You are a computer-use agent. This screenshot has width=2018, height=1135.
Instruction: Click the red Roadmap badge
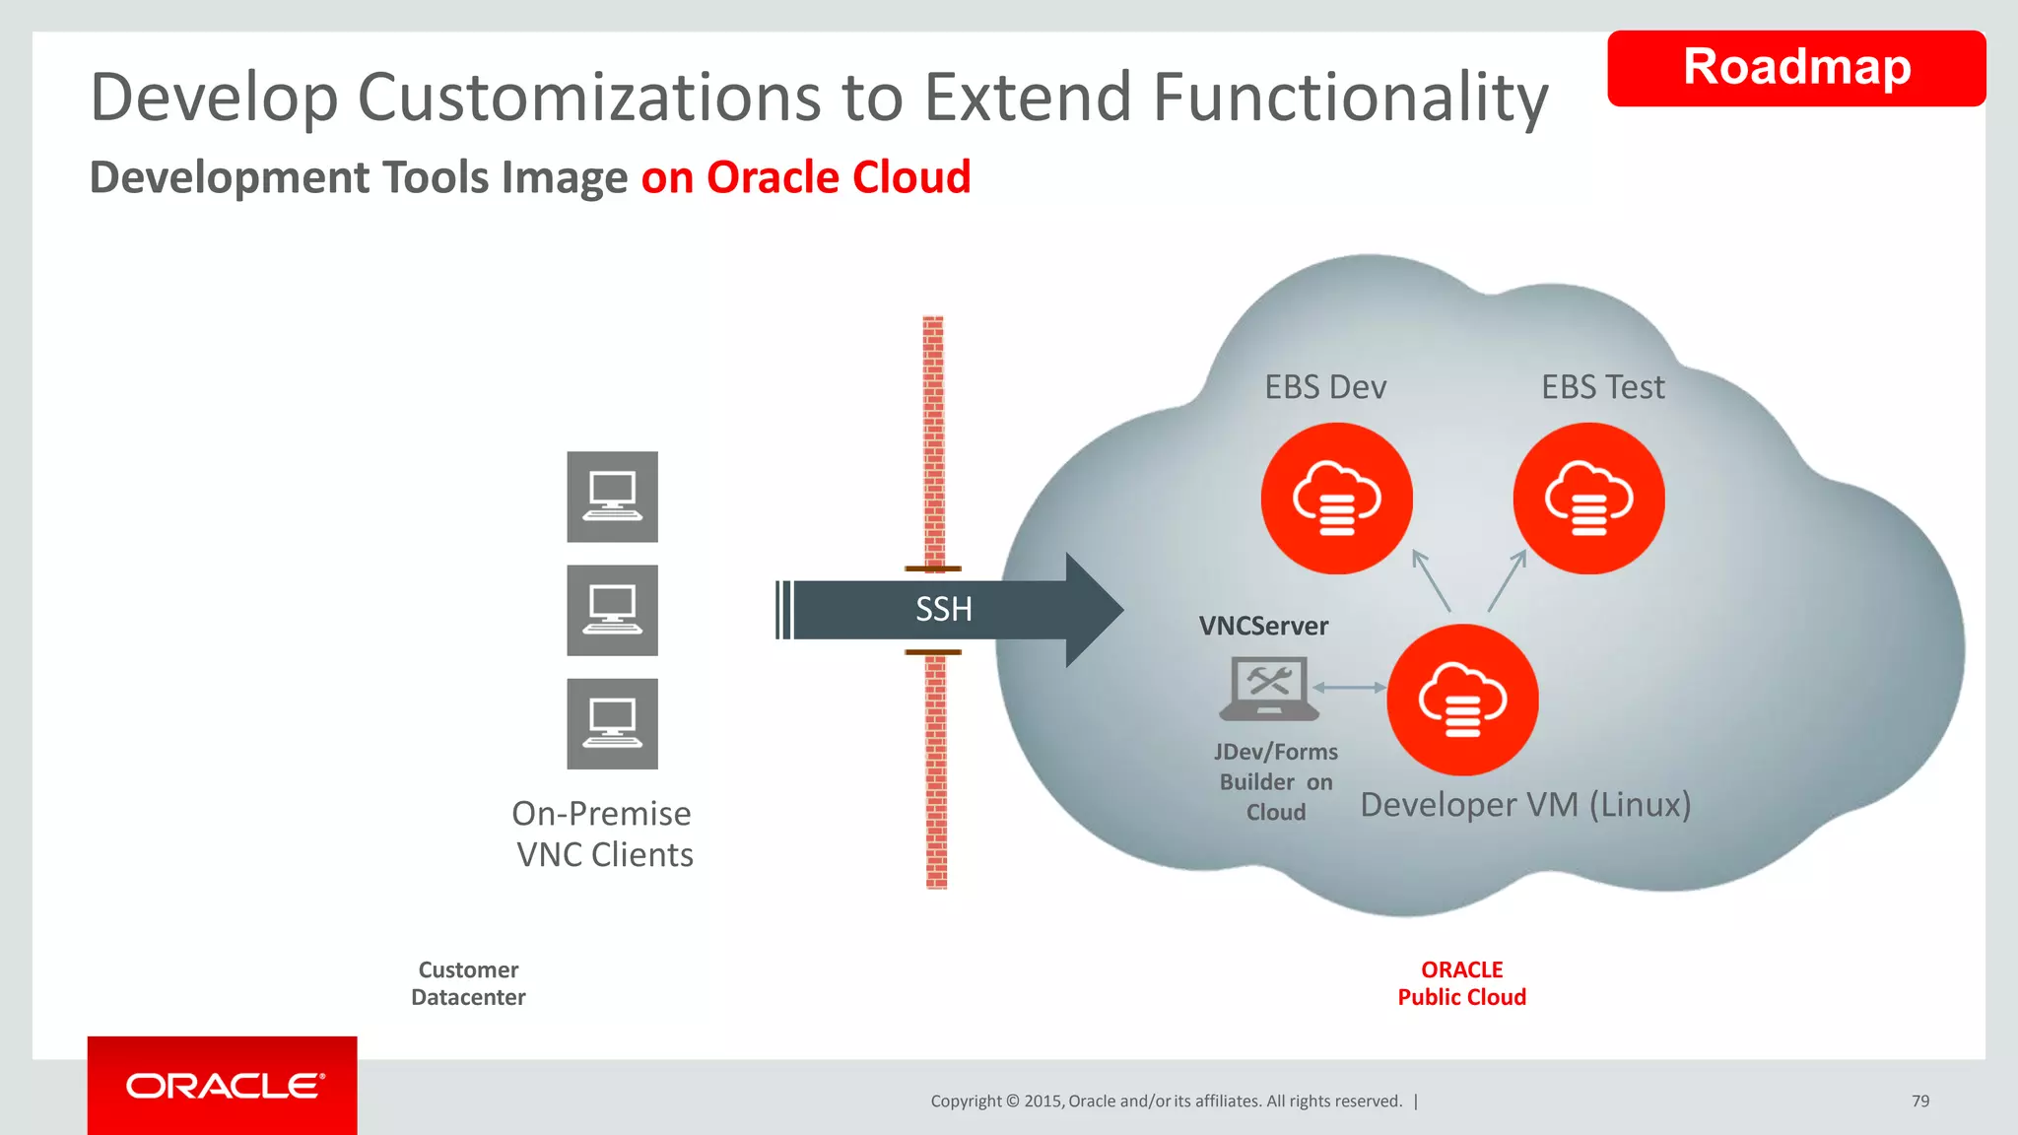[1795, 68]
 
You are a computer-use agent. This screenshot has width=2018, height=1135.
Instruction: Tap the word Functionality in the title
[1350, 98]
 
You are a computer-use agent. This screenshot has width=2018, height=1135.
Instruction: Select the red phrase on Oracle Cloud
[805, 178]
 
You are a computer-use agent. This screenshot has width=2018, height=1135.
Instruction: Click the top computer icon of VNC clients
[612, 497]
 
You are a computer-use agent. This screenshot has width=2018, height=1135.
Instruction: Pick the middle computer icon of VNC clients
[612, 610]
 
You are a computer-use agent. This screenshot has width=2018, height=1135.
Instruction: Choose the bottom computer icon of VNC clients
[612, 723]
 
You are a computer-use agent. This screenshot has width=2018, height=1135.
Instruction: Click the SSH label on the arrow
[943, 610]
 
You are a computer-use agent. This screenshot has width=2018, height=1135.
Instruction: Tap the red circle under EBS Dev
[1336, 499]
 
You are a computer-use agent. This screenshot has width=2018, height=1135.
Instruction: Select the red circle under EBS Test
[1588, 499]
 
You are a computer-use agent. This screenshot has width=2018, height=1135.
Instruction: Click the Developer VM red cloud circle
[1462, 700]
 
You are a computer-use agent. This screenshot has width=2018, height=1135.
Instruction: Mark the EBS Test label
[1602, 387]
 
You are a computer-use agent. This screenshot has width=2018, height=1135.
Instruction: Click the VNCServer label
[1263, 627]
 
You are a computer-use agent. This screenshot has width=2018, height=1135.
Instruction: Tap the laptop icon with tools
[1268, 688]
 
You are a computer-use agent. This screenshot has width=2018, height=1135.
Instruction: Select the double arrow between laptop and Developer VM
[1349, 688]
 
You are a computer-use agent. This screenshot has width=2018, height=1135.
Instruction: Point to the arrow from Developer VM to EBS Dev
[1432, 581]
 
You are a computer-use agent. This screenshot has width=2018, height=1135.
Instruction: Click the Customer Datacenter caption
[468, 983]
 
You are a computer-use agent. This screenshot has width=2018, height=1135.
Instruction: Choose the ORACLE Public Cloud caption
[1461, 983]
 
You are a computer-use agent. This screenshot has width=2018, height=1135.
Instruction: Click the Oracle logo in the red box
[223, 1086]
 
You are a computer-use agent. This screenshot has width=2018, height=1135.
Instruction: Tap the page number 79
[1919, 1101]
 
